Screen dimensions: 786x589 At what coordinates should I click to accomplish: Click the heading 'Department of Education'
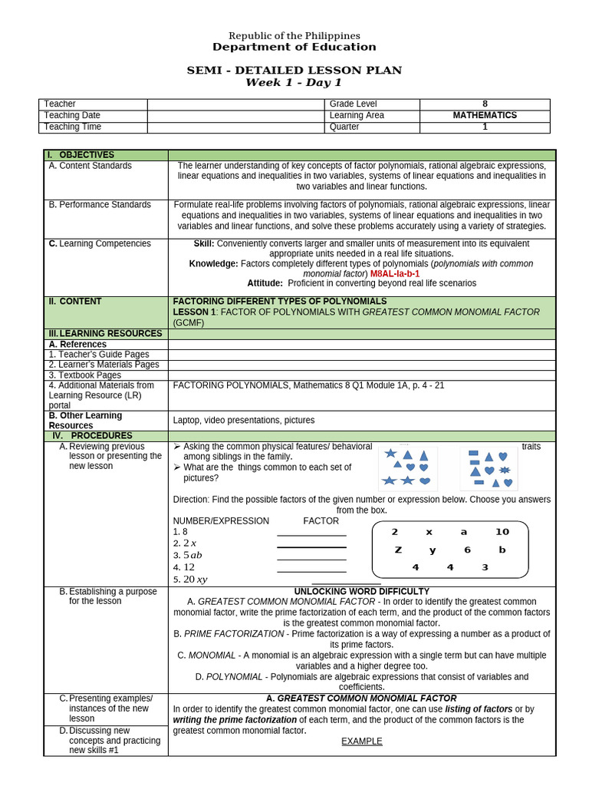[294, 48]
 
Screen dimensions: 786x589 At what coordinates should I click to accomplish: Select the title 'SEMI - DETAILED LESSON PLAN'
[294, 71]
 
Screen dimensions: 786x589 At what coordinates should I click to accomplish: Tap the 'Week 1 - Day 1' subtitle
[294, 83]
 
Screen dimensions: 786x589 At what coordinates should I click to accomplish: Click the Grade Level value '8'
[485, 104]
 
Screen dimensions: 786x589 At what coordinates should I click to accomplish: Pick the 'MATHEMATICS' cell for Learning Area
[485, 116]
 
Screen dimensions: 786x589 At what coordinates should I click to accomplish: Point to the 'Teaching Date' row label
[72, 116]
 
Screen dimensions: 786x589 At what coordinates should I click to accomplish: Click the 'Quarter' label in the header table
[344, 127]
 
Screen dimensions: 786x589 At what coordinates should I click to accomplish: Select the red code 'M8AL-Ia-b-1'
[395, 273]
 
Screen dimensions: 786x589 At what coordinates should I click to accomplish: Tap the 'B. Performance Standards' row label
[100, 205]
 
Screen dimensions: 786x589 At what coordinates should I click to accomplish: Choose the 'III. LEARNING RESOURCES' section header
[105, 334]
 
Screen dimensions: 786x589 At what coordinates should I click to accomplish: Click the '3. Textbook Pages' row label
[85, 375]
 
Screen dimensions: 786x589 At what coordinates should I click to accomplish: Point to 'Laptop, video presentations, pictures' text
[244, 421]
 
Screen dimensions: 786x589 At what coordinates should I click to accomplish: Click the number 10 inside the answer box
[502, 532]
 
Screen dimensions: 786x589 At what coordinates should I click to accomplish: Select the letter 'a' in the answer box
[463, 532]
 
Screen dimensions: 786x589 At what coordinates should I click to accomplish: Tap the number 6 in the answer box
[467, 550]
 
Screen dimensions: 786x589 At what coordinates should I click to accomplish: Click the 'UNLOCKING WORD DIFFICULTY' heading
[362, 592]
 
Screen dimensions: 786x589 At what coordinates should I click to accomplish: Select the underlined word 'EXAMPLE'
[362, 741]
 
